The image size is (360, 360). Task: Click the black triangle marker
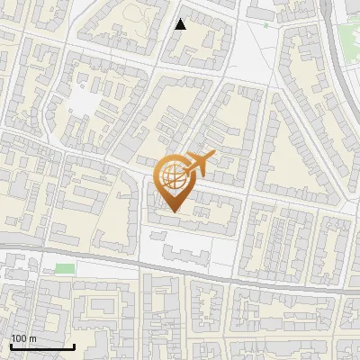181,24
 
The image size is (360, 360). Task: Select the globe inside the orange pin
174,177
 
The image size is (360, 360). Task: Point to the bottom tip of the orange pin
174,212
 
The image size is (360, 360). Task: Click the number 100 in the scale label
19,338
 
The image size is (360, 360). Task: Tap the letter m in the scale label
32,338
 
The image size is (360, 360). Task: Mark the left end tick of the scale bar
10,346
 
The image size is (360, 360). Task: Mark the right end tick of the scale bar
75,346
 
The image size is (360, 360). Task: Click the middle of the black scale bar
42,347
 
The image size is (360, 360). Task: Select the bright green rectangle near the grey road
64,268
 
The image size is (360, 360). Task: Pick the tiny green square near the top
265,26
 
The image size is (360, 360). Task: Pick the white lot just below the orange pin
180,247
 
